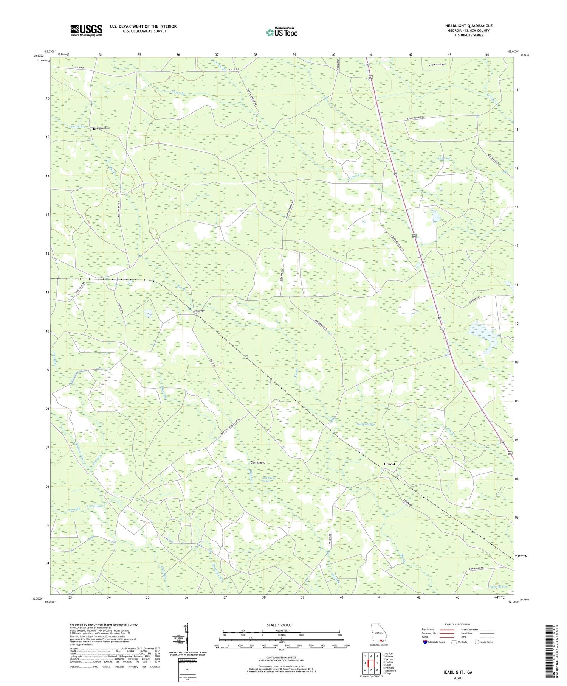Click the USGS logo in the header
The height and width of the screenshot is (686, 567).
(86, 30)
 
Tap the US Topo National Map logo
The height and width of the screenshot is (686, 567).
(282, 33)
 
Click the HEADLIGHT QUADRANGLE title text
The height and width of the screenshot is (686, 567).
(468, 26)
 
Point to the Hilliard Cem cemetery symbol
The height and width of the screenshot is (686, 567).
(94, 129)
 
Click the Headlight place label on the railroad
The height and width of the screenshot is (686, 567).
(200, 311)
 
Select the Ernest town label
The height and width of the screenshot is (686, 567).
(389, 464)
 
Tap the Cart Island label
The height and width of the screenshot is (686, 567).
(258, 462)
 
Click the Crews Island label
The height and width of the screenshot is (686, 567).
(437, 64)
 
